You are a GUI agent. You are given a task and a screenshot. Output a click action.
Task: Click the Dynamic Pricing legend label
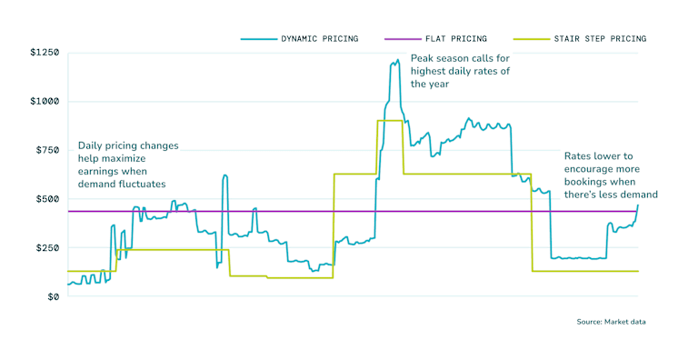[x=320, y=39]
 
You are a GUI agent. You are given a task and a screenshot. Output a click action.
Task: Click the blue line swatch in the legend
[x=258, y=39]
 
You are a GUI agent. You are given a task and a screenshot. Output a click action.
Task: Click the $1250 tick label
[x=45, y=54]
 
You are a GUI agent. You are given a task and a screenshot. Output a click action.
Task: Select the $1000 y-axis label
[x=45, y=102]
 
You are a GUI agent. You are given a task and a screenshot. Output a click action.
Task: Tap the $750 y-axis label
[x=47, y=150]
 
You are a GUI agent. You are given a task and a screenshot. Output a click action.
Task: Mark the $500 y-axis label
[x=47, y=199]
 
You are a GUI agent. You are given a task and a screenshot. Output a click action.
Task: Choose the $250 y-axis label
[x=47, y=248]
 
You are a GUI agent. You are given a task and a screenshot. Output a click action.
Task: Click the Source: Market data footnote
[x=611, y=322]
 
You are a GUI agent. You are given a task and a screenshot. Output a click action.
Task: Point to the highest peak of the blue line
[x=397, y=61]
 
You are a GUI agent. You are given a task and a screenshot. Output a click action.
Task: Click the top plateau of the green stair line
[x=389, y=121]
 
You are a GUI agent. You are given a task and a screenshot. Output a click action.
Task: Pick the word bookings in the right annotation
[x=585, y=182]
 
